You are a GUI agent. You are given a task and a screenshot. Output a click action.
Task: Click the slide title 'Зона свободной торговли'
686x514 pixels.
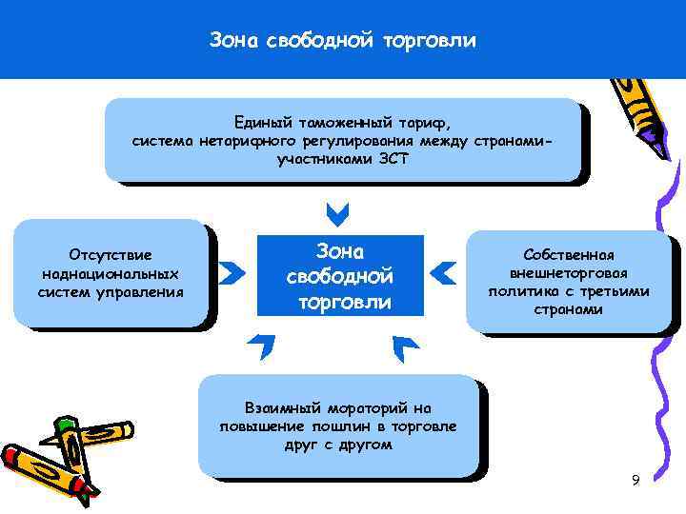pyautogui.click(x=342, y=42)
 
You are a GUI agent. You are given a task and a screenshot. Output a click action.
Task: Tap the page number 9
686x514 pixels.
pyautogui.click(x=636, y=480)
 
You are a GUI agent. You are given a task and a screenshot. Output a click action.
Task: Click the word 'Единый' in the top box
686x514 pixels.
pyautogui.click(x=263, y=124)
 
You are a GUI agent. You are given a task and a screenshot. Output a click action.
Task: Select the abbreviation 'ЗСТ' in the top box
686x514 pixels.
pyautogui.click(x=391, y=159)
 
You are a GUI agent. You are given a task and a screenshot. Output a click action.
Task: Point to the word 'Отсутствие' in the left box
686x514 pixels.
pyautogui.click(x=111, y=255)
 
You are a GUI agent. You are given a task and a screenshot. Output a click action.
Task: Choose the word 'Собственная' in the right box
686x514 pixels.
pyautogui.click(x=569, y=255)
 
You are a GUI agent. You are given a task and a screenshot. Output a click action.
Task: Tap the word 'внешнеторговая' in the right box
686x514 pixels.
pyautogui.click(x=569, y=273)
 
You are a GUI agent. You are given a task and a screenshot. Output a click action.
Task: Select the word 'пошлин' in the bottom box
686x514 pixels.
pyautogui.click(x=363, y=425)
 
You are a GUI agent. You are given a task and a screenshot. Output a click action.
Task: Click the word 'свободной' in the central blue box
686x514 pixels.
pyautogui.click(x=340, y=277)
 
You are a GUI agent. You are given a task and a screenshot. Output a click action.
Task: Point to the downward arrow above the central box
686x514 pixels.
pyautogui.click(x=337, y=209)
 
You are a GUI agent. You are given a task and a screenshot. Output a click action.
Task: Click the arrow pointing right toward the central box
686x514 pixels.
pyautogui.click(x=231, y=274)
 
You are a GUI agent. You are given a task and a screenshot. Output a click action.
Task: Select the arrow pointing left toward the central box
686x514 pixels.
pyautogui.click(x=443, y=273)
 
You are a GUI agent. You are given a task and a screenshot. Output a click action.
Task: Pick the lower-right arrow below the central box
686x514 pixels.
pyautogui.click(x=407, y=347)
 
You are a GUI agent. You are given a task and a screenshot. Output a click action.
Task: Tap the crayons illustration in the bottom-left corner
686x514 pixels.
pyautogui.click(x=52, y=455)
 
